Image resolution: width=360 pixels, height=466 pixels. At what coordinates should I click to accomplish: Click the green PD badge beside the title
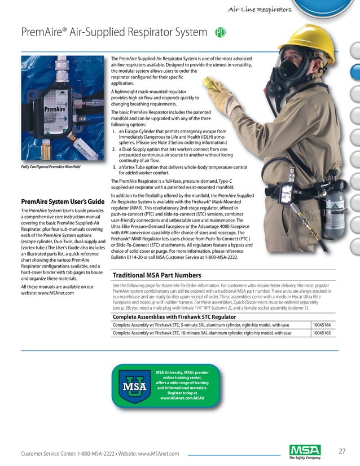point(221,33)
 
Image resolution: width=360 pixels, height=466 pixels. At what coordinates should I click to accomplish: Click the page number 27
point(342,451)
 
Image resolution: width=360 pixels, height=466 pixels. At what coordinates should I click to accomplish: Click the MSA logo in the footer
point(305,451)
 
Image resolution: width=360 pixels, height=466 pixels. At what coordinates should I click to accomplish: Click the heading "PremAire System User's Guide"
point(62,201)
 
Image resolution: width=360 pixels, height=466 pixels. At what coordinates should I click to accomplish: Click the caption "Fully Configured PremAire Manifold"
point(50,167)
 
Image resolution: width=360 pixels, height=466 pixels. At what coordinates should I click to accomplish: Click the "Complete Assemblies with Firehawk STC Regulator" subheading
point(174,316)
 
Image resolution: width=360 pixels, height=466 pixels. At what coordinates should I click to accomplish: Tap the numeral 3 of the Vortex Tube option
point(115,167)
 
